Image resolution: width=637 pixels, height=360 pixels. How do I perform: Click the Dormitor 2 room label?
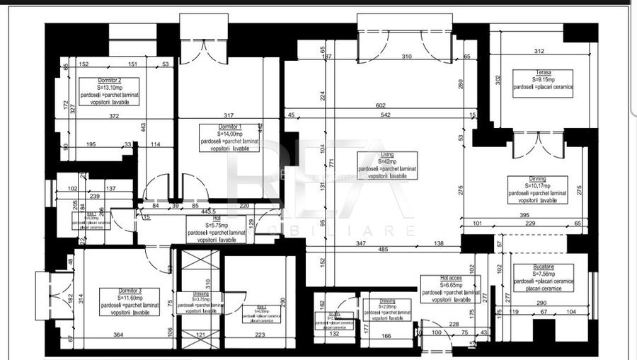[109, 81]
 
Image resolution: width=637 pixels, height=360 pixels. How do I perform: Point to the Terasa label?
[543, 72]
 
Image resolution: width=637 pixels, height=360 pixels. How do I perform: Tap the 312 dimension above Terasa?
[539, 50]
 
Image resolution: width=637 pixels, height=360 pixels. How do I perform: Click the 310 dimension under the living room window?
[406, 56]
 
